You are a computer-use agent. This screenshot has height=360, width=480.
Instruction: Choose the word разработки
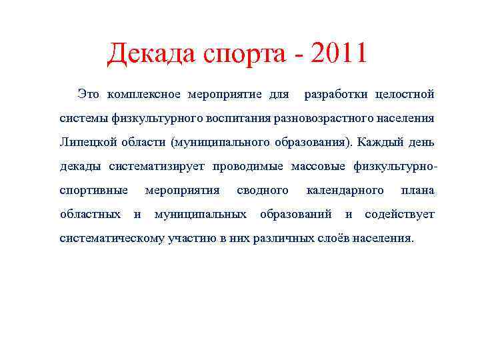tap(337, 94)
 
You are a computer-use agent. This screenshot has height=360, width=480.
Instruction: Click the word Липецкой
tap(85, 142)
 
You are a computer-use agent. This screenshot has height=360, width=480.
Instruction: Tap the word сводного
tap(263, 190)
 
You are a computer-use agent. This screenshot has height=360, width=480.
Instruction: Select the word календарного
tap(345, 190)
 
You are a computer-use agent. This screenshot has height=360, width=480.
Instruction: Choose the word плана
tap(417, 190)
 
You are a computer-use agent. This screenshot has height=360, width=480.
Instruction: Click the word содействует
tap(399, 214)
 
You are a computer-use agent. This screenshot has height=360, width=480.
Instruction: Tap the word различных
tap(282, 238)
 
